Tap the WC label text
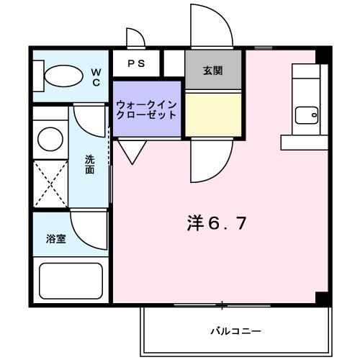[95, 76]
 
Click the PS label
[136, 63]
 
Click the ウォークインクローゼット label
[146, 109]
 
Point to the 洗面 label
[90, 165]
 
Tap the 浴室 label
[56, 238]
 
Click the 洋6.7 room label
[217, 223]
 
